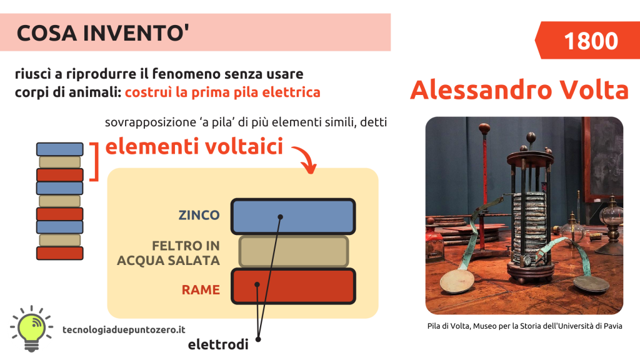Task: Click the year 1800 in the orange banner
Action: [591, 41]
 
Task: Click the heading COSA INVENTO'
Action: [103, 33]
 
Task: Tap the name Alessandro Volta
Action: [519, 90]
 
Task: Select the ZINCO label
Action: [199, 215]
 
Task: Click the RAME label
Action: [201, 290]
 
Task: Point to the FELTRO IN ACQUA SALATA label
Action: [169, 253]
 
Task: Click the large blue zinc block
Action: [293, 216]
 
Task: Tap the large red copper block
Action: [293, 286]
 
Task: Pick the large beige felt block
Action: [294, 251]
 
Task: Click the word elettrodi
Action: [218, 344]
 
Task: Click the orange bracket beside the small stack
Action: [95, 162]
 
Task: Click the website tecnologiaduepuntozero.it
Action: [124, 330]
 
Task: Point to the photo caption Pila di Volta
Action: [524, 326]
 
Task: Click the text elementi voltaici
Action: [194, 146]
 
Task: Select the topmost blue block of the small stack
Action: [59, 149]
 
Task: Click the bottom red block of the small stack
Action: [59, 253]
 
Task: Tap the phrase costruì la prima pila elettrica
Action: [222, 92]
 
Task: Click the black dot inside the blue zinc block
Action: [281, 217]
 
